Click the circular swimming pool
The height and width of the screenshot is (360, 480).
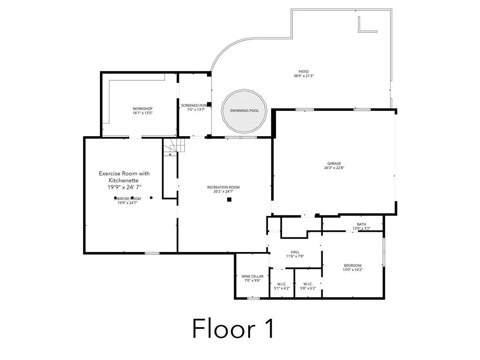(x=244, y=111)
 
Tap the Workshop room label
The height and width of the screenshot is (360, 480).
(x=143, y=109)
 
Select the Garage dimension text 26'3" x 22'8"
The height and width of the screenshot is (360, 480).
(x=334, y=168)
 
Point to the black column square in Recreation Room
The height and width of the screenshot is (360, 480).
(x=229, y=199)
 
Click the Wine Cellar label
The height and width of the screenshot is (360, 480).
(x=252, y=276)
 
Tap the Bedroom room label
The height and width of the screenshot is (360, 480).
(x=352, y=265)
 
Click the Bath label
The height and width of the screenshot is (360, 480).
(x=361, y=224)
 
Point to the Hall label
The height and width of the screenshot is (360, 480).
(x=295, y=252)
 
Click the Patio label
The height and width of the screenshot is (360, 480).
(x=304, y=72)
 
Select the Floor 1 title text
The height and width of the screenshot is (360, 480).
(x=233, y=328)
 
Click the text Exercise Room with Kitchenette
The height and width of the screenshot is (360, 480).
(x=124, y=177)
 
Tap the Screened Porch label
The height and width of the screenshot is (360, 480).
(x=193, y=106)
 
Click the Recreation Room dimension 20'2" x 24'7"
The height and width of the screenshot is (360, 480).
(x=223, y=192)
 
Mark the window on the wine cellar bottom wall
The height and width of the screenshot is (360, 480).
(x=253, y=298)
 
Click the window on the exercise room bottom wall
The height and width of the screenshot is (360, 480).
(x=152, y=253)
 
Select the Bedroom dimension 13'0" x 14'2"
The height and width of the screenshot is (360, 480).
(x=352, y=270)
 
